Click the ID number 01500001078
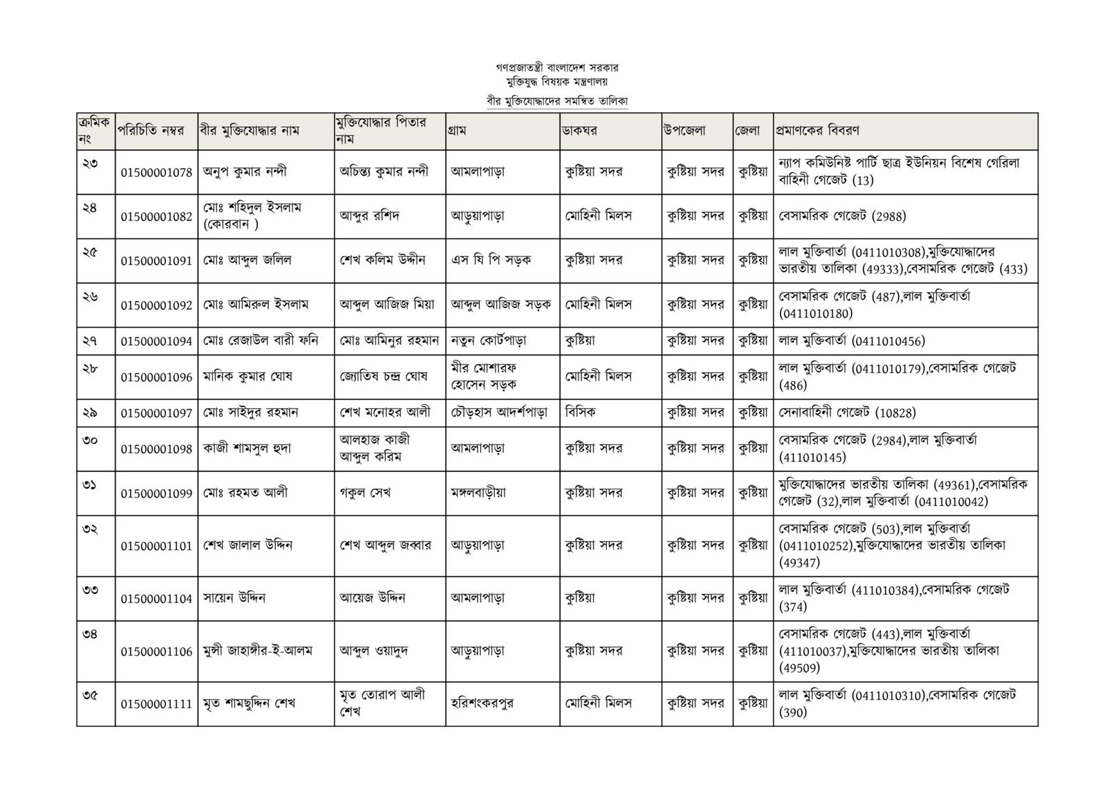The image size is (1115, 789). tap(156, 172)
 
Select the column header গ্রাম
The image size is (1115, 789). tap(459, 130)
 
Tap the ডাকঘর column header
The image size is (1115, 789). tap(580, 130)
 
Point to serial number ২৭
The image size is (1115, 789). tap(90, 340)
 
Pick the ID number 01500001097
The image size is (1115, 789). tap(156, 413)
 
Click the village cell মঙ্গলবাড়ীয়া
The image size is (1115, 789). tap(479, 493)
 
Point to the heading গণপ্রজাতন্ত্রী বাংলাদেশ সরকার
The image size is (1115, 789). tap(557, 68)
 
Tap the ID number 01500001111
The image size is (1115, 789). tap(156, 704)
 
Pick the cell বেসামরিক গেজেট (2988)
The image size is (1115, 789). tap(843, 216)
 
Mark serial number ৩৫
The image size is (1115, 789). tap(90, 694)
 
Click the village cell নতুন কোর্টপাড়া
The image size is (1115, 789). tap(489, 341)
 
